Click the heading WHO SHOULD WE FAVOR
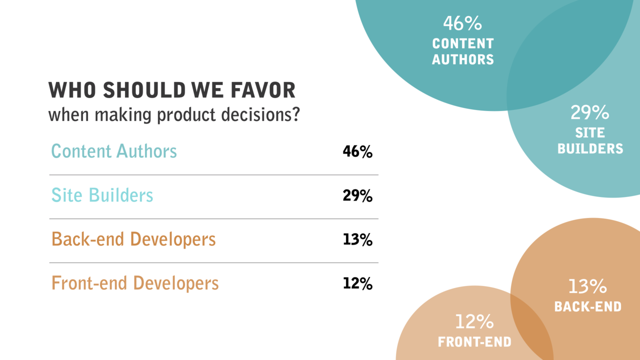click(171, 90)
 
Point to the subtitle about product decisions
click(173, 115)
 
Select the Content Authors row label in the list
click(114, 151)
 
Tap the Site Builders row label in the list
click(102, 195)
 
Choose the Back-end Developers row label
click(133, 239)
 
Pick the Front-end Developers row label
click(135, 283)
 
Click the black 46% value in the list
click(357, 151)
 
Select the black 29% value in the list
click(357, 195)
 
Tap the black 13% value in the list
click(357, 239)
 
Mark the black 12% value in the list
click(357, 283)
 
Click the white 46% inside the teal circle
click(462, 23)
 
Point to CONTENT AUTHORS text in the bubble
click(463, 51)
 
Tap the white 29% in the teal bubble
click(590, 113)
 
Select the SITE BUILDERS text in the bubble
click(590, 140)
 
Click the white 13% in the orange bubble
click(587, 286)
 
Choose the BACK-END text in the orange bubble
click(587, 306)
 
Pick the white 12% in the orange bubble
click(474, 321)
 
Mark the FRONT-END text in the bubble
click(474, 342)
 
